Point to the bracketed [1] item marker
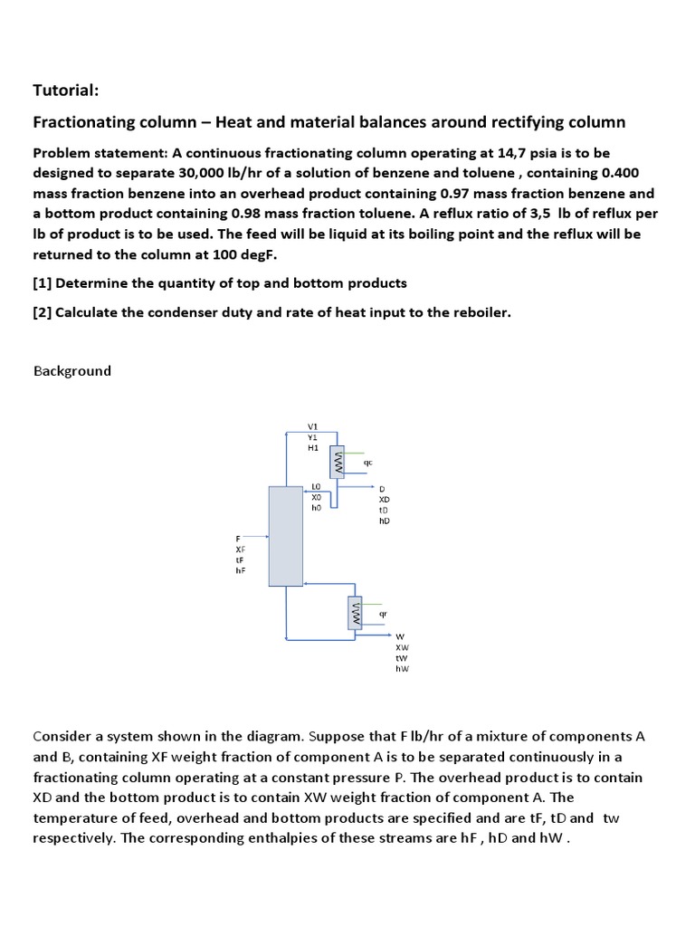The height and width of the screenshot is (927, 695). [43, 283]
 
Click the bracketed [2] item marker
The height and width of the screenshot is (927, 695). [43, 312]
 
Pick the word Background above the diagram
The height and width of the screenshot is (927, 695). [72, 371]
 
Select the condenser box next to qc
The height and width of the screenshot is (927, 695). [338, 463]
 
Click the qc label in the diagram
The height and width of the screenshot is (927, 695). [367, 462]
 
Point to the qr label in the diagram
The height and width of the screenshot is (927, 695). [383, 613]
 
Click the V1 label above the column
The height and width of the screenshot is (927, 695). [313, 426]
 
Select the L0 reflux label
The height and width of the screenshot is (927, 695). [316, 487]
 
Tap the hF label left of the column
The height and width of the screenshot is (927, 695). [240, 570]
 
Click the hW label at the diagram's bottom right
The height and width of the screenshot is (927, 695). [402, 669]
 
